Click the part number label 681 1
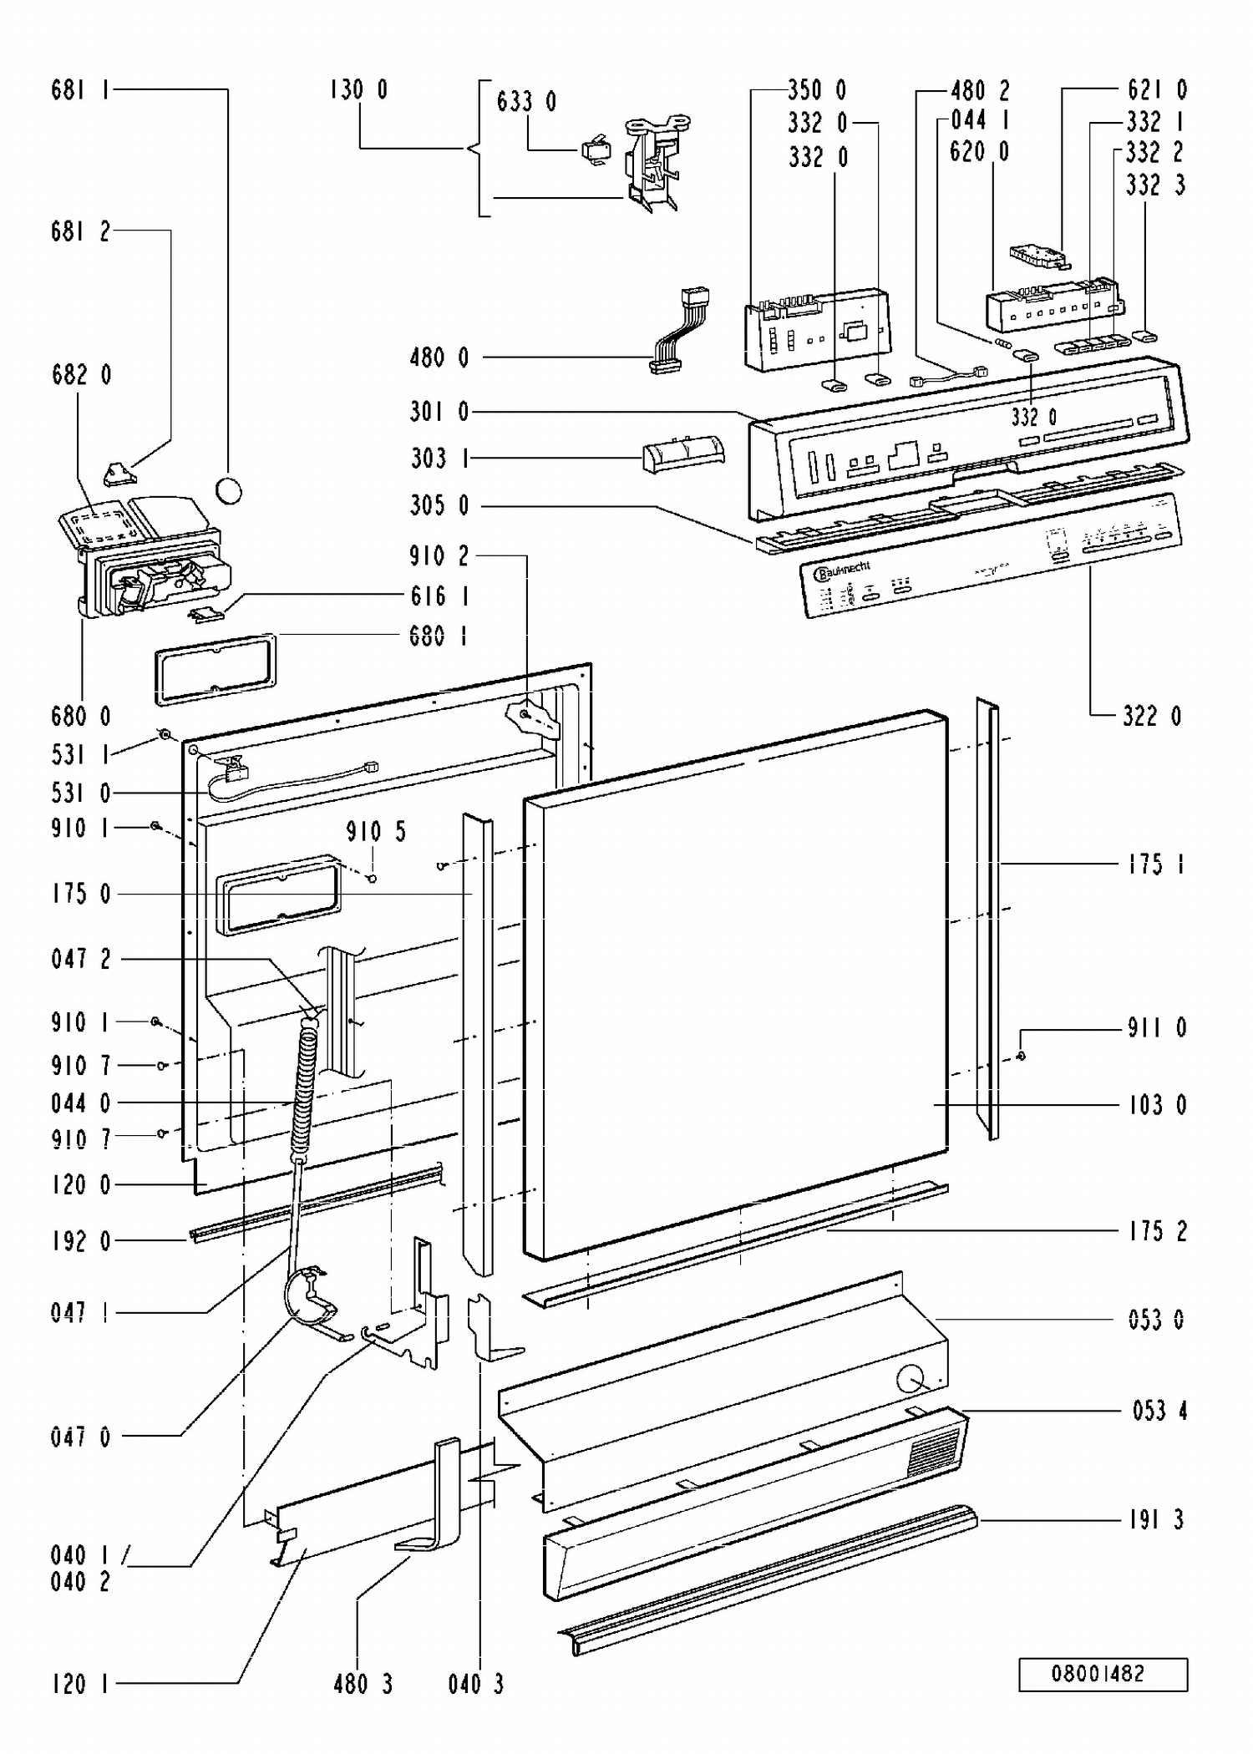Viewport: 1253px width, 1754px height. [80, 90]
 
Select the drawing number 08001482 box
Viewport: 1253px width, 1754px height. [1103, 1674]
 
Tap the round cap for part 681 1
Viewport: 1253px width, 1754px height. [229, 490]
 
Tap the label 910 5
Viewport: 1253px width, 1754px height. [376, 832]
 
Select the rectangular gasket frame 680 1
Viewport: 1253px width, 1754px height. [215, 668]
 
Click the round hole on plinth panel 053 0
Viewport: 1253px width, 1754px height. [911, 1378]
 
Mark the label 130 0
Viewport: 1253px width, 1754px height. [358, 90]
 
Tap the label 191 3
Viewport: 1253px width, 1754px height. [1156, 1519]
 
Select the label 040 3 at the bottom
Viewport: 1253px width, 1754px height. [476, 1684]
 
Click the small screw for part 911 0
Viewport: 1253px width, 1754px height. [1021, 1057]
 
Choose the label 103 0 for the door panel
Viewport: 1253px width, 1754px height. [1157, 1105]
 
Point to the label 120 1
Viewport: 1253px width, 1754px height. [80, 1684]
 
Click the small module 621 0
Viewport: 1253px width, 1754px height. [1038, 256]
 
